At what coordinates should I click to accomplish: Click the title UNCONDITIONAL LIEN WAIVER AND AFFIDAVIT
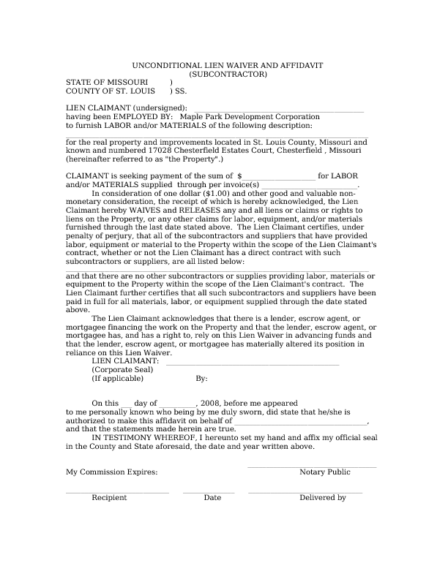click(x=228, y=65)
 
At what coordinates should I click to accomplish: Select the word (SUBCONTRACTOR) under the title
click(x=228, y=74)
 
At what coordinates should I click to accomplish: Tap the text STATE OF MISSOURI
click(x=107, y=83)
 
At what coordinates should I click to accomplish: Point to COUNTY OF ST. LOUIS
click(x=111, y=91)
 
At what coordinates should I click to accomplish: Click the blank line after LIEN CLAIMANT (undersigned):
click(x=283, y=109)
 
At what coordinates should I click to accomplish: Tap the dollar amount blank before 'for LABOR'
click(x=280, y=176)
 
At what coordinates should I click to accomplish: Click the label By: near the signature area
click(x=202, y=379)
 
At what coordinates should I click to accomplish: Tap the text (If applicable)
click(x=117, y=379)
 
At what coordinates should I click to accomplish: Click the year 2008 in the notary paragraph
click(x=210, y=403)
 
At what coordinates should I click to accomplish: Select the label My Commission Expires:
click(x=111, y=472)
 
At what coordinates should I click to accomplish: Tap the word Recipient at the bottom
click(x=109, y=498)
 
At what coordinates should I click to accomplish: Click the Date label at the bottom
click(x=212, y=498)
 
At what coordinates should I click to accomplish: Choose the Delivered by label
click(x=322, y=498)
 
